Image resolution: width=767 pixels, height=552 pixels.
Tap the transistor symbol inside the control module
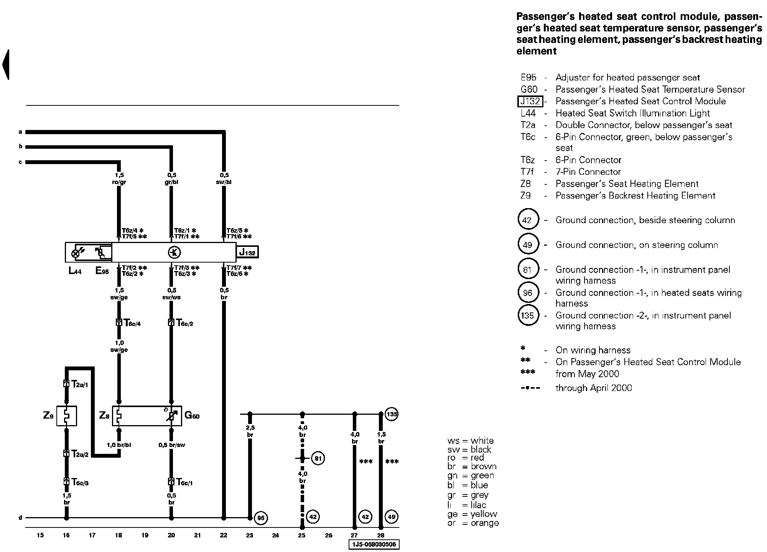(x=174, y=252)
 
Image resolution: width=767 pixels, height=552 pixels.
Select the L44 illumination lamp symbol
(x=76, y=253)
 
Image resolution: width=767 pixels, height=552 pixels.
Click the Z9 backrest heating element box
(x=66, y=416)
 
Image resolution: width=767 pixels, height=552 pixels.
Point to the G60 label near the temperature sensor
(x=192, y=415)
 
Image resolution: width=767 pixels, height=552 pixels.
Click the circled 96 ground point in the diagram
(x=261, y=518)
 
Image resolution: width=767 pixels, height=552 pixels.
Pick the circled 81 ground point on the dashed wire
(x=318, y=458)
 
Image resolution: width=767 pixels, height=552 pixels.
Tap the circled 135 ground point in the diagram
(x=392, y=414)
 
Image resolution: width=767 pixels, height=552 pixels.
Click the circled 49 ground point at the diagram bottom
(x=392, y=516)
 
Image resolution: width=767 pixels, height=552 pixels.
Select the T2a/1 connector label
(x=79, y=384)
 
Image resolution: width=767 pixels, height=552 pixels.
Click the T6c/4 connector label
(x=132, y=323)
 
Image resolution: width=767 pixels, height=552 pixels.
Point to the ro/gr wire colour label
(x=119, y=182)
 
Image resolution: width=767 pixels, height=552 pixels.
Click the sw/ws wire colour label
(x=171, y=297)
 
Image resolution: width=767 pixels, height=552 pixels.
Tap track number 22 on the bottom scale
(x=224, y=536)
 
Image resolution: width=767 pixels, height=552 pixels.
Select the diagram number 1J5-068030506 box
(x=374, y=545)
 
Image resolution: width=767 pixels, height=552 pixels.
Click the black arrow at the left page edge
(x=6, y=64)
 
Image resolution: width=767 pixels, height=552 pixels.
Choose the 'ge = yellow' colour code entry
(x=472, y=514)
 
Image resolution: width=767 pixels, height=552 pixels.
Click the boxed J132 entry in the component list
(x=530, y=101)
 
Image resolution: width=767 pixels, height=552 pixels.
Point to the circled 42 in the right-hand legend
(x=528, y=220)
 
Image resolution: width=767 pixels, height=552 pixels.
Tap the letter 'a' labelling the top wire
(x=20, y=132)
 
